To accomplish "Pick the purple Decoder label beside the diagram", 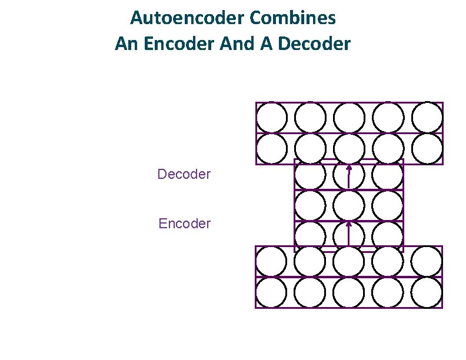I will click(x=184, y=174).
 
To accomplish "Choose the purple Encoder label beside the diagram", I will click(x=184, y=224).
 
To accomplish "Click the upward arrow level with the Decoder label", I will click(x=349, y=176).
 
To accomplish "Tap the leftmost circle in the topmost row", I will click(x=271, y=118).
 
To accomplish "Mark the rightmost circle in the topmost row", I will click(x=427, y=118).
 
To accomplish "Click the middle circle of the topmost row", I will click(x=349, y=118).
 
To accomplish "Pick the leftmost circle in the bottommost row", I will click(x=271, y=292).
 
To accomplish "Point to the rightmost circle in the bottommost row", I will click(x=427, y=292).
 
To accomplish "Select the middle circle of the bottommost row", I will click(x=349, y=292).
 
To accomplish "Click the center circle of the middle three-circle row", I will click(x=349, y=206).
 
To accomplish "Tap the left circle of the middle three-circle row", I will click(x=310, y=206).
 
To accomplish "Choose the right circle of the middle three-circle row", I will click(x=388, y=206).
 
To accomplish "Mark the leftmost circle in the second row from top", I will click(x=271, y=149).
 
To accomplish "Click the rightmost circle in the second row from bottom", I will click(x=427, y=261).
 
